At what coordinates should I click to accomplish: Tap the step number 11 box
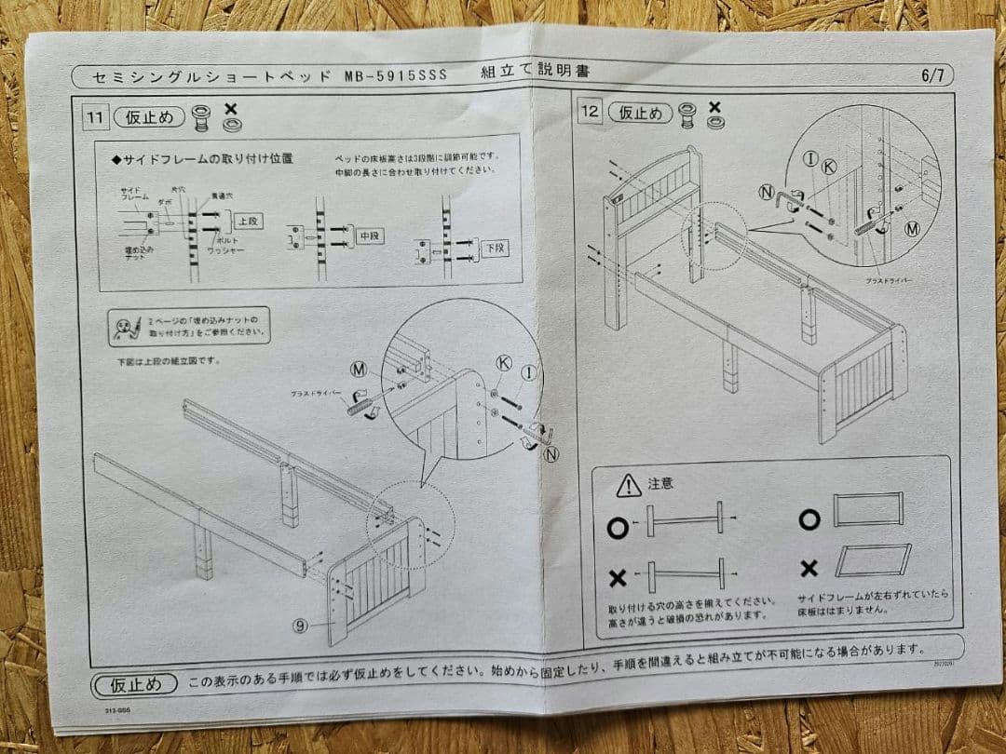coord(95,118)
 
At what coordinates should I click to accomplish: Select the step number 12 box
coord(591,112)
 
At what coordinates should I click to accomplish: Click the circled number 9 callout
coord(300,626)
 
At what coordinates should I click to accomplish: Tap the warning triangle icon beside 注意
coord(629,485)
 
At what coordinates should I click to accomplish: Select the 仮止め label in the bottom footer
coord(135,684)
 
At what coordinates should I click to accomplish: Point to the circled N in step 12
coord(767,193)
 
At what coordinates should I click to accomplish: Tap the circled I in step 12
coord(810,159)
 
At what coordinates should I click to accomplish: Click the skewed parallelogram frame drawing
coord(873,561)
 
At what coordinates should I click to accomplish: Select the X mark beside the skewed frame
coord(809,568)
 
